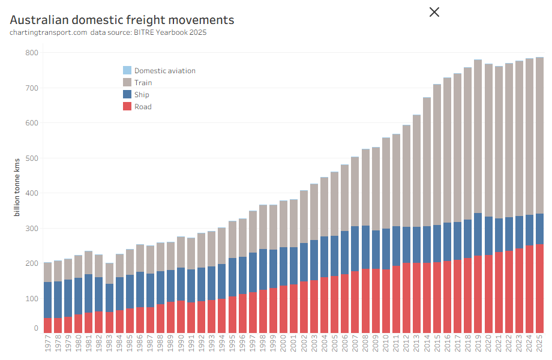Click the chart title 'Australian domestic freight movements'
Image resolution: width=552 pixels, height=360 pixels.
[122, 20]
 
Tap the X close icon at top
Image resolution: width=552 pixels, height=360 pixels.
[434, 11]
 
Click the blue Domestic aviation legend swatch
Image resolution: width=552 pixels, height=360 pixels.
[127, 70]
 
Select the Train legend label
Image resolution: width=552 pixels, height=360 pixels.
[143, 83]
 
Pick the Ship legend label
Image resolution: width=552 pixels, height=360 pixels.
[142, 95]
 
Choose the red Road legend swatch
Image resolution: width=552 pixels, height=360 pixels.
[127, 107]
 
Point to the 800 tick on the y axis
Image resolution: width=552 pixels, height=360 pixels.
[31, 53]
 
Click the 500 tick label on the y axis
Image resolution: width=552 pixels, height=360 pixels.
[31, 158]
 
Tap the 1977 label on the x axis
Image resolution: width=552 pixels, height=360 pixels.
[48, 346]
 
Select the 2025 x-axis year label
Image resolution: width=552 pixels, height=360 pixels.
[539, 346]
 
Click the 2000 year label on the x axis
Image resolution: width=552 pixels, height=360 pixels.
[284, 346]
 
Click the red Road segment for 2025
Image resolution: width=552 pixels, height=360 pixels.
[539, 288]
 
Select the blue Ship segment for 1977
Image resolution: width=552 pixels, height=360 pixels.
[48, 299]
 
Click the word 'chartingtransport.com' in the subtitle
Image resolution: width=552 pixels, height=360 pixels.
[49, 32]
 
